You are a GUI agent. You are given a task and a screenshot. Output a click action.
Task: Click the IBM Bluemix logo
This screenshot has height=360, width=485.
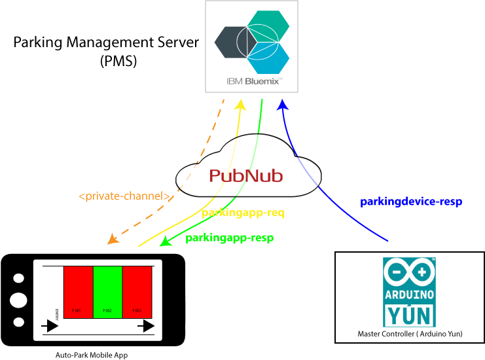pyautogui.click(x=252, y=46)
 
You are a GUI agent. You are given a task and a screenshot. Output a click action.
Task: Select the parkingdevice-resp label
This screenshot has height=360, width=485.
pyautogui.click(x=411, y=202)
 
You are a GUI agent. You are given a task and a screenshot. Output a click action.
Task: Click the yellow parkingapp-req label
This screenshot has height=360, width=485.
pyautogui.click(x=243, y=213)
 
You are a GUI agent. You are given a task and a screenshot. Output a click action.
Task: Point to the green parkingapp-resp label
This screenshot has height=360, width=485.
pyautogui.click(x=229, y=238)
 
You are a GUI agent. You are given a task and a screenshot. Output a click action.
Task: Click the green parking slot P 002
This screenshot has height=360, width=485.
pyautogui.click(x=107, y=292)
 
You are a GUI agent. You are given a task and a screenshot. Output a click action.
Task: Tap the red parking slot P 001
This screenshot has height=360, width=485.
pyautogui.click(x=78, y=292)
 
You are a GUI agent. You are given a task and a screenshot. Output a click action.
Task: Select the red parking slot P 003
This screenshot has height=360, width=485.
pyautogui.click(x=137, y=292)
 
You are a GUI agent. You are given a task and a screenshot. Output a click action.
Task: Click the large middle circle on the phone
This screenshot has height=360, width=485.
pyautogui.click(x=19, y=300)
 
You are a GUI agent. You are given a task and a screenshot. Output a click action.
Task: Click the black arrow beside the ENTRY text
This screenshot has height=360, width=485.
pyautogui.click(x=50, y=326)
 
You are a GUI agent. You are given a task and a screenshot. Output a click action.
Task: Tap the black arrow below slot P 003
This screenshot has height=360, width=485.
pyautogui.click(x=145, y=326)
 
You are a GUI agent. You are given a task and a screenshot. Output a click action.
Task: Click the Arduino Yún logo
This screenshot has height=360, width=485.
pyautogui.click(x=409, y=292)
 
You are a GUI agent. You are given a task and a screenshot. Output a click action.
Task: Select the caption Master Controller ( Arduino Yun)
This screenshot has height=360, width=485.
pyautogui.click(x=410, y=334)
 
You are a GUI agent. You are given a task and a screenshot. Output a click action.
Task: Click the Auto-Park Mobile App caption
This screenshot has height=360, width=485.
pyautogui.click(x=93, y=354)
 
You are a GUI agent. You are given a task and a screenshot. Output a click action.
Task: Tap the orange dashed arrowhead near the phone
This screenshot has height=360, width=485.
pyautogui.click(x=113, y=240)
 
